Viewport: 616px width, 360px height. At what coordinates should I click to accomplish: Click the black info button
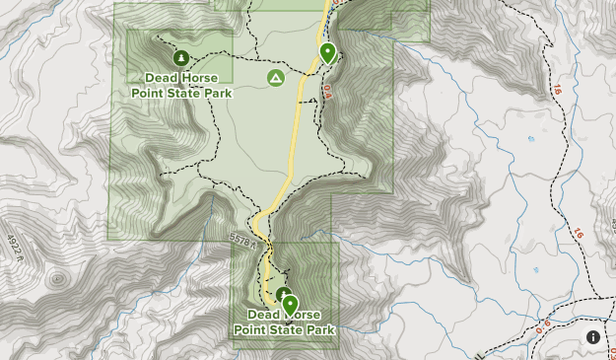pyautogui.click(x=592, y=337)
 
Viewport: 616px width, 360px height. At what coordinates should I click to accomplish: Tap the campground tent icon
pyautogui.click(x=276, y=77)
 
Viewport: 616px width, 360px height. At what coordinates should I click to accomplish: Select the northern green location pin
pyautogui.click(x=327, y=53)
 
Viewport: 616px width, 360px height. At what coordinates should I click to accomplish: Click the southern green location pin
pyautogui.click(x=290, y=305)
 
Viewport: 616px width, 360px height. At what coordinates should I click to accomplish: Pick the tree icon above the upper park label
pyautogui.click(x=181, y=57)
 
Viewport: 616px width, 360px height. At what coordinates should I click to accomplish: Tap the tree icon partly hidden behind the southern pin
pyautogui.click(x=283, y=293)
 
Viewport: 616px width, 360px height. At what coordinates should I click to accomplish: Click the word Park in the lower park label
pyautogui.click(x=317, y=329)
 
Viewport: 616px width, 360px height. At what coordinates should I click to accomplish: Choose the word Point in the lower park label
pyautogui.click(x=254, y=329)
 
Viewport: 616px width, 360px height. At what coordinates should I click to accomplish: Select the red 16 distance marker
pyautogui.click(x=578, y=234)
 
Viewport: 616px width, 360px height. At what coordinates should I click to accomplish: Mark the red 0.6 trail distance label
pyautogui.click(x=542, y=326)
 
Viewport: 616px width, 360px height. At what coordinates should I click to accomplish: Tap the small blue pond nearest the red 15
pyautogui.click(x=531, y=139)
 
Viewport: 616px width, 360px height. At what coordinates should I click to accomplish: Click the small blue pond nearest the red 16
pyautogui.click(x=537, y=268)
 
